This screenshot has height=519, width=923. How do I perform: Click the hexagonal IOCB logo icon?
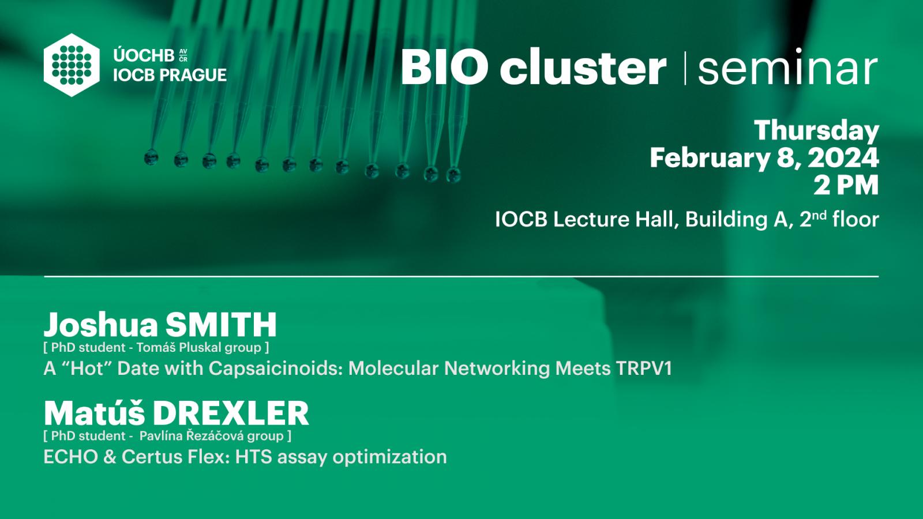point(72,65)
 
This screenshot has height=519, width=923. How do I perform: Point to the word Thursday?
point(817,131)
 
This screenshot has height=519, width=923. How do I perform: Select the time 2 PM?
point(846,186)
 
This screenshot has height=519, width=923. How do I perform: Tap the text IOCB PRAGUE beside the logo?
point(170,75)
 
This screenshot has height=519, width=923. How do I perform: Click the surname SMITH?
point(221,325)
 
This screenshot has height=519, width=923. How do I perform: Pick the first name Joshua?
point(101,325)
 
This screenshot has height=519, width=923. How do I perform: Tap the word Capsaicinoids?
point(275,368)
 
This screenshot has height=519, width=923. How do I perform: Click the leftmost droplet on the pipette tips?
point(151,157)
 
